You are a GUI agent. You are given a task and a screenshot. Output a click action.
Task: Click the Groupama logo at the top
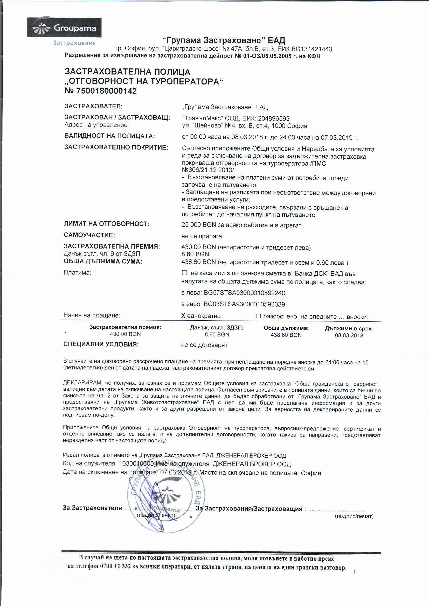[x=64, y=28]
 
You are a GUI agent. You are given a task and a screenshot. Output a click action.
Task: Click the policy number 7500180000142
[x=106, y=91]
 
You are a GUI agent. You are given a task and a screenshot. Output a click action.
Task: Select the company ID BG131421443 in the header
[x=312, y=49]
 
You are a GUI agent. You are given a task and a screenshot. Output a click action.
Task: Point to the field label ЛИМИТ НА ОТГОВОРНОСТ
[x=107, y=224]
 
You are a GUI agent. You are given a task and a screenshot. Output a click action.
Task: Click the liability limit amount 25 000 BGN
[x=199, y=225]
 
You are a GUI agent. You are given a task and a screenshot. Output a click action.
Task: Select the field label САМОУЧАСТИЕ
[x=89, y=235]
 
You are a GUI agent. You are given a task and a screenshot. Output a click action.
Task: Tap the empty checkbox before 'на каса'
[x=185, y=273]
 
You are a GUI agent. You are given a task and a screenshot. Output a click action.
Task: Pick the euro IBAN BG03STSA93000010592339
[x=244, y=304]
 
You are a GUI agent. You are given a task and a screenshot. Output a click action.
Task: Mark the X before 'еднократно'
[x=183, y=316]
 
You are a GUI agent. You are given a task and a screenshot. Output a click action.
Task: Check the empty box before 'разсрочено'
[x=258, y=316]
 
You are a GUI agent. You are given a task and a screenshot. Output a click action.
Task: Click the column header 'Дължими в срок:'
[x=349, y=329]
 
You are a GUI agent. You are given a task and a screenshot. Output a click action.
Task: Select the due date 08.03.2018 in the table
[x=349, y=335]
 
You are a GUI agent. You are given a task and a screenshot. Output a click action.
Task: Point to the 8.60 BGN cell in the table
[x=217, y=335]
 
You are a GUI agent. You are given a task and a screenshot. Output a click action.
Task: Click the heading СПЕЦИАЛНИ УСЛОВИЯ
[x=101, y=344]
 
